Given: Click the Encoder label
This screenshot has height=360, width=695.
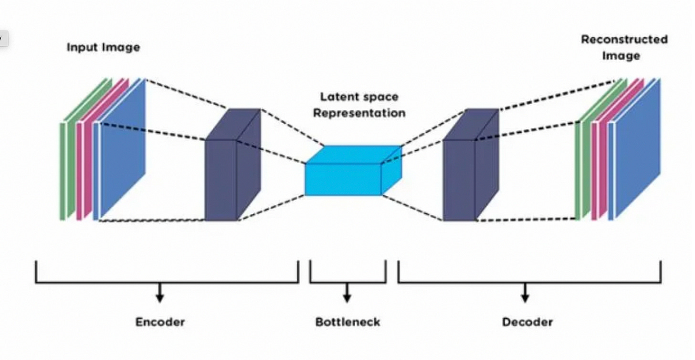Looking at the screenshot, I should click(x=160, y=322).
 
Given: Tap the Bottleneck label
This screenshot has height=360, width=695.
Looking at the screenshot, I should click(x=347, y=322).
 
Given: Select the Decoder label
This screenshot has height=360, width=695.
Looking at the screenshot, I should click(x=527, y=322).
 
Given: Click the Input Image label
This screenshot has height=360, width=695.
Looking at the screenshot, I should click(x=103, y=47).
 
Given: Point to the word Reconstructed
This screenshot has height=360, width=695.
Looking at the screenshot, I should click(x=624, y=40).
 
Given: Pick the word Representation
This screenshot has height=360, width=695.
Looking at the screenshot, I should click(x=359, y=113).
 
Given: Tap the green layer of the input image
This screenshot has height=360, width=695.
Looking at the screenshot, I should click(x=69, y=158).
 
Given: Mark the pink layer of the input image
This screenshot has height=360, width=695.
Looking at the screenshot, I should click(x=85, y=158).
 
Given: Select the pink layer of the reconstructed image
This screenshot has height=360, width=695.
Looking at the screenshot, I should click(x=600, y=162).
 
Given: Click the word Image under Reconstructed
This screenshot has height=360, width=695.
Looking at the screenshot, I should click(x=621, y=56).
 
